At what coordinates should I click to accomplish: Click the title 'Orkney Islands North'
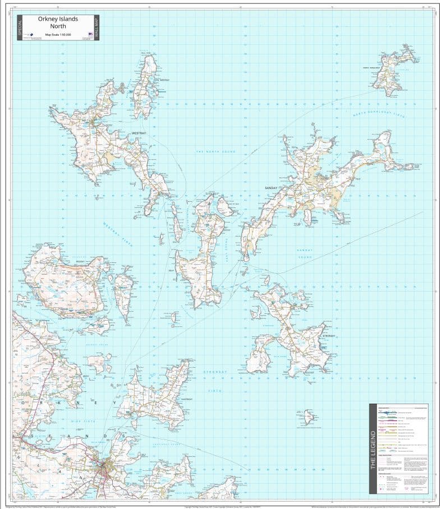coord(58,22)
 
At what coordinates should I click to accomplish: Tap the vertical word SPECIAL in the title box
coord(20,27)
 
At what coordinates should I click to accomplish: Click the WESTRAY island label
coord(139,133)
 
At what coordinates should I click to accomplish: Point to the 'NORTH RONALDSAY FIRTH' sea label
coord(378,114)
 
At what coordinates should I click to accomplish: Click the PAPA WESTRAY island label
coord(146,80)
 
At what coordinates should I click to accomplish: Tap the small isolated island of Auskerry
coord(308,417)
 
